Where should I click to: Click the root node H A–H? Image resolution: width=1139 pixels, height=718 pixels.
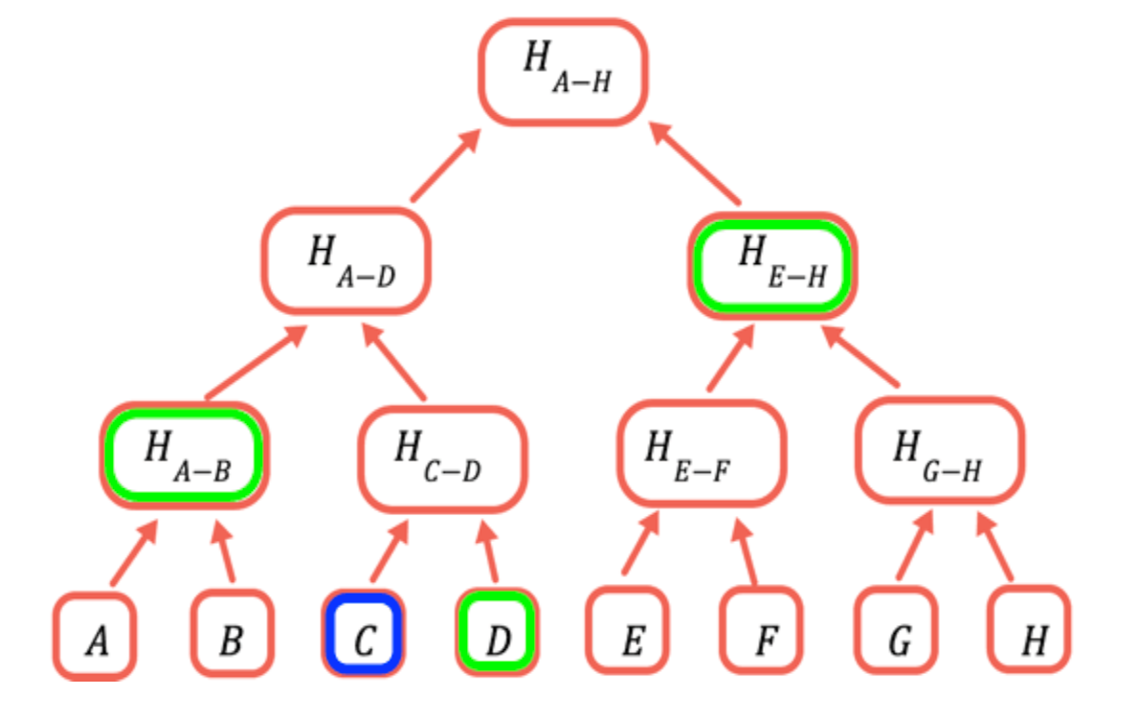tap(563, 72)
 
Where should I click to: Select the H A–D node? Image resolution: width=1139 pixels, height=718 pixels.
tap(346, 261)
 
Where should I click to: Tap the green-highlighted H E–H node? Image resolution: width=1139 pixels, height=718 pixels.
tap(772, 265)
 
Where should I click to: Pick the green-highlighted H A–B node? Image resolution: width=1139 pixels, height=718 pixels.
tap(185, 456)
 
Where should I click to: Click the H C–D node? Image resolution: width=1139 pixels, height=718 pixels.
tap(442, 460)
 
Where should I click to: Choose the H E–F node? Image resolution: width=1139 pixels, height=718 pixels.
tap(702, 454)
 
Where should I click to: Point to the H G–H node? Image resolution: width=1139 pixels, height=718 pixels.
tap(940, 451)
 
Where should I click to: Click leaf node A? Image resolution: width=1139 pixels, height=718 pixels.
tap(95, 637)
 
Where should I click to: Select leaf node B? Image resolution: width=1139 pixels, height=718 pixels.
tap(232, 633)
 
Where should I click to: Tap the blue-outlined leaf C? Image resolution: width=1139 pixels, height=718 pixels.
tap(363, 633)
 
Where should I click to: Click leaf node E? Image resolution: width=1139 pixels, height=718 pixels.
tap(628, 630)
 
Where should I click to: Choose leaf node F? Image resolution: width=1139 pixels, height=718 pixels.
tap(761, 630)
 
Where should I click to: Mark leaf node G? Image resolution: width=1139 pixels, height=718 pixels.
tap(896, 630)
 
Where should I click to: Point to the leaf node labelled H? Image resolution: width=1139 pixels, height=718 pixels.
tap(1029, 629)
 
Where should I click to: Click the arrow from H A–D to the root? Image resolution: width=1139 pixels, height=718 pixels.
tap(446, 165)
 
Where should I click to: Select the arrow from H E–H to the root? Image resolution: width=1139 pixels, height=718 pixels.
tap(695, 163)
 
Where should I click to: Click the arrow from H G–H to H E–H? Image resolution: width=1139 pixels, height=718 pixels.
tap(860, 356)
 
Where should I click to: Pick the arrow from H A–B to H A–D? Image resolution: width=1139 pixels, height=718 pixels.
tap(257, 362)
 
